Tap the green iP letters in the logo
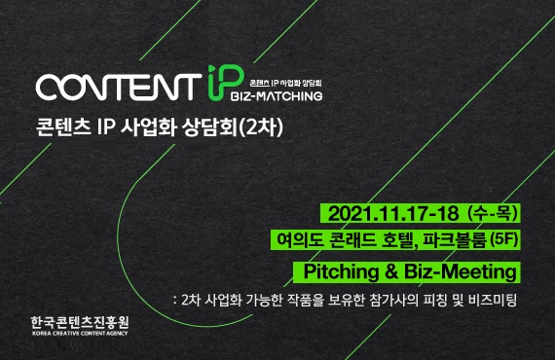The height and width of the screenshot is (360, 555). click(217, 84)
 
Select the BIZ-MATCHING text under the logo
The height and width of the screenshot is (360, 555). click(277, 97)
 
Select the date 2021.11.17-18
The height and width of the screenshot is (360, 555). click(395, 211)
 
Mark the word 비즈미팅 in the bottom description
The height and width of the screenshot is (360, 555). click(497, 299)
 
